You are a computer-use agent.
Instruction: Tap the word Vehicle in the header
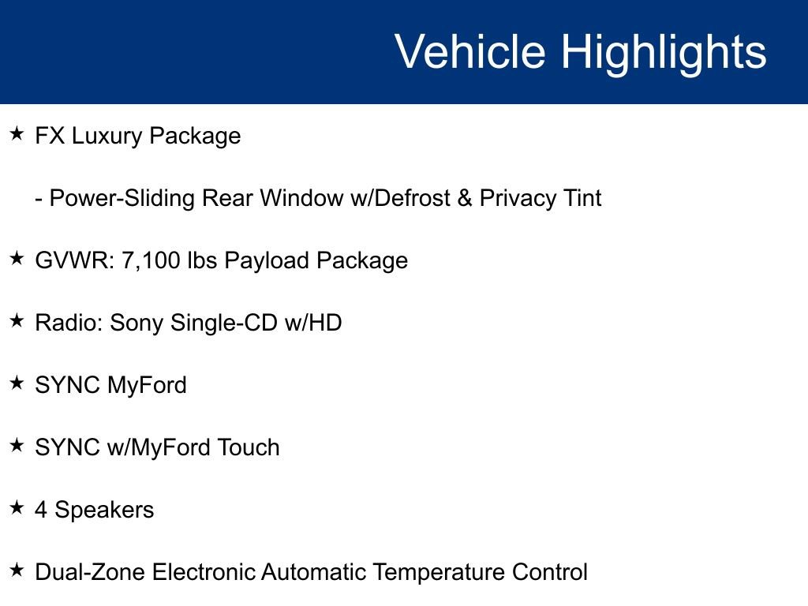pos(469,52)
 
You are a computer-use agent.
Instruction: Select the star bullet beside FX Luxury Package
pos(17,134)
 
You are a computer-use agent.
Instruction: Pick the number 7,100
pos(151,260)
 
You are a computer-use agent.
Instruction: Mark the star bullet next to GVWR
pos(17,259)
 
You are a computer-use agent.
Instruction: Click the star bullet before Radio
pos(17,321)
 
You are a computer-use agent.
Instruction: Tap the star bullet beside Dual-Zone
pos(17,570)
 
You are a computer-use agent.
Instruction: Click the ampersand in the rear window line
pos(464,198)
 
